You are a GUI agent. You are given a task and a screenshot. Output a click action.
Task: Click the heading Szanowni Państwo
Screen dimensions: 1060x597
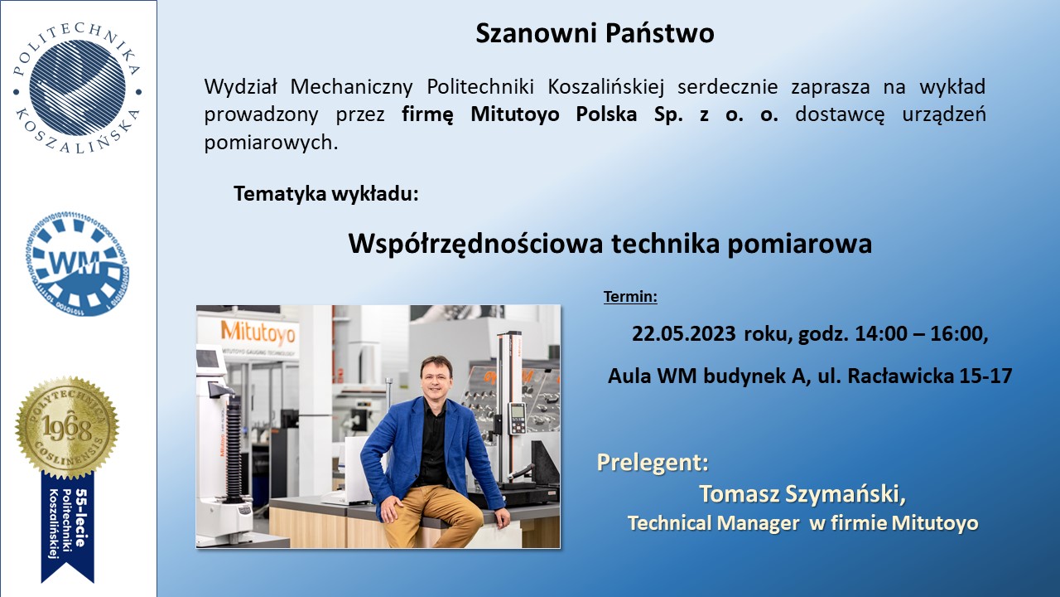tap(595, 34)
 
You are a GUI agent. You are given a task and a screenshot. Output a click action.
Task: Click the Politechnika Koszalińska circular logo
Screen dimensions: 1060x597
tap(77, 88)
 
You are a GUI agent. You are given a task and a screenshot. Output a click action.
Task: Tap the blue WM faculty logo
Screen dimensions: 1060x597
tap(77, 264)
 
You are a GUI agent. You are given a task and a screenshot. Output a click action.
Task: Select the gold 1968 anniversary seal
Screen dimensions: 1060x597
tap(67, 428)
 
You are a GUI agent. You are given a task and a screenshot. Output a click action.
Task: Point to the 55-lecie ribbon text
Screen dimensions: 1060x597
tap(81, 517)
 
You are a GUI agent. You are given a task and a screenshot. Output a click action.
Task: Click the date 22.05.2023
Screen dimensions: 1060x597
tap(684, 334)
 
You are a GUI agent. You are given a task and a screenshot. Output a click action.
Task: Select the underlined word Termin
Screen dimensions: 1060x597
tap(630, 297)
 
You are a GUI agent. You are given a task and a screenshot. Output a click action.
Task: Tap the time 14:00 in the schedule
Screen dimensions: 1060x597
tap(881, 334)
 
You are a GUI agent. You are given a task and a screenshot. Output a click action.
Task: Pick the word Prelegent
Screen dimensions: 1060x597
tap(653, 463)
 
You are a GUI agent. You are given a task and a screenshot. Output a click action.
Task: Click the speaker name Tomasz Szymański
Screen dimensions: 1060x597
tap(802, 493)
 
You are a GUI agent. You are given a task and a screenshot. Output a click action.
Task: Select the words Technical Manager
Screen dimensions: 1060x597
tap(714, 523)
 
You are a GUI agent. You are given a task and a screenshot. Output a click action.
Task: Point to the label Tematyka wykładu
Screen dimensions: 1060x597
tap(326, 194)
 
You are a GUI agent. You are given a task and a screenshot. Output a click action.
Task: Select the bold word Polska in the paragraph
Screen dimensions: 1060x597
tap(606, 114)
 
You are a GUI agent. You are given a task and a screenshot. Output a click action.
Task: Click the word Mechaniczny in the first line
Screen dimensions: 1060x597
tap(351, 87)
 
